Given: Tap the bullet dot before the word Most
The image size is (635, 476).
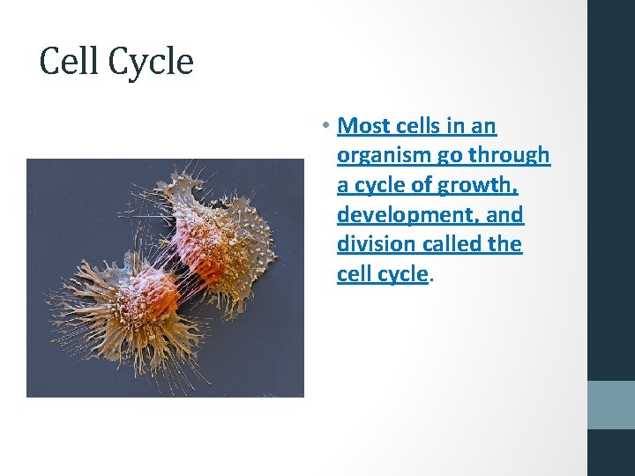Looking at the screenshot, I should (x=325, y=126).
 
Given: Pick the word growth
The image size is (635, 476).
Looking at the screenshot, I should (x=483, y=186).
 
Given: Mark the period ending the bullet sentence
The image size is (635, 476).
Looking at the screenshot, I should (x=431, y=275).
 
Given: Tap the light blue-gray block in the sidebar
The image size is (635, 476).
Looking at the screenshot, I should (x=610, y=405).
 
